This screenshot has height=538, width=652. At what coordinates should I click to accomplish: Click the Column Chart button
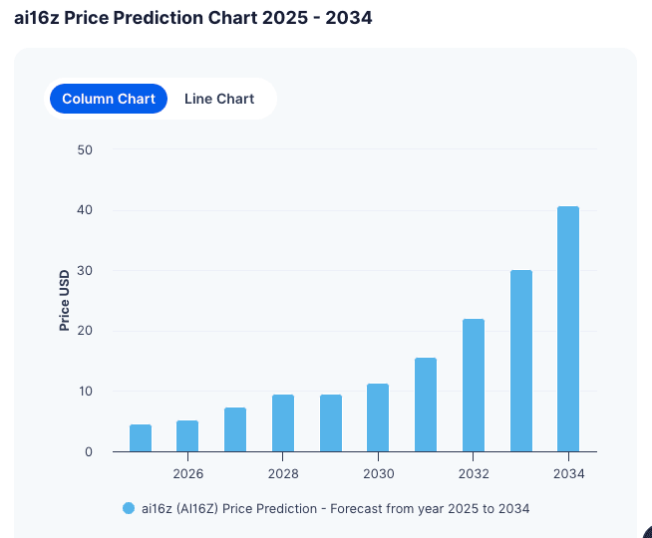click(x=109, y=99)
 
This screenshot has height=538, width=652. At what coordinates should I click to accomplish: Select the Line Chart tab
click(x=219, y=99)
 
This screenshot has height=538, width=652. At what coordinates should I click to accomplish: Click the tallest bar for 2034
click(x=568, y=329)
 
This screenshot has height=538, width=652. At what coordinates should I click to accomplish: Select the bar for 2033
click(x=520, y=361)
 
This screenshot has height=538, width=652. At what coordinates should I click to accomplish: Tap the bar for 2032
click(x=474, y=385)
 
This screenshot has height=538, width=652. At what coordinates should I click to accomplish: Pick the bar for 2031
click(x=426, y=404)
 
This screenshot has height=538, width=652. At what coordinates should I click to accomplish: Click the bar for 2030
click(x=378, y=417)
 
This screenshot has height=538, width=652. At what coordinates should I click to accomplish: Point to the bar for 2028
click(x=283, y=422)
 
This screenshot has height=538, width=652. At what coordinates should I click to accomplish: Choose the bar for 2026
click(x=187, y=435)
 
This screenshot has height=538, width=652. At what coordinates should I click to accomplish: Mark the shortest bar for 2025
click(x=141, y=438)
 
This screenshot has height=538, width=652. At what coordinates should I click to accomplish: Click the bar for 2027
click(x=235, y=429)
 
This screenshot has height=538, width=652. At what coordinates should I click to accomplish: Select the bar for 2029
click(x=331, y=422)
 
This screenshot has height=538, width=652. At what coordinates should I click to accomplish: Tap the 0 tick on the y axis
click(x=89, y=452)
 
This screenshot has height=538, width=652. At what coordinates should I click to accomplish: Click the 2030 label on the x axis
click(x=378, y=473)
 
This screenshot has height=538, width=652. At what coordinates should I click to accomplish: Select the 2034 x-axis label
click(x=568, y=473)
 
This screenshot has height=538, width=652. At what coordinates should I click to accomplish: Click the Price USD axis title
click(x=65, y=300)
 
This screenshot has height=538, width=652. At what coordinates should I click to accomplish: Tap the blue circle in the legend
click(x=129, y=508)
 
